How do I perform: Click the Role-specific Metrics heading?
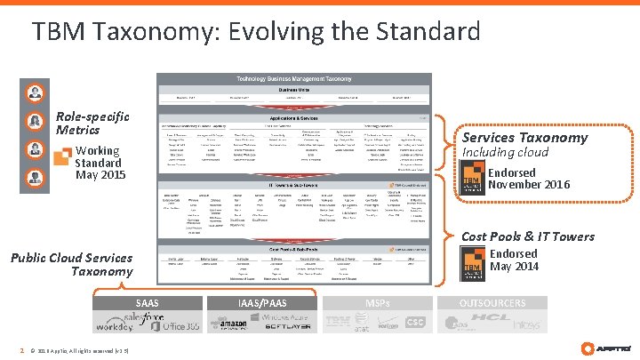point(92,123)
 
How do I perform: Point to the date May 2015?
point(100,175)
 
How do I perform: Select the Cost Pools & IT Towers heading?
point(528,236)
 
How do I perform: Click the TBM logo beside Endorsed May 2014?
point(473,260)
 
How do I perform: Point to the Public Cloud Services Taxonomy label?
point(71,264)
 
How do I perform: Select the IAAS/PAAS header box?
point(261,303)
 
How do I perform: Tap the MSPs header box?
point(377,303)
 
